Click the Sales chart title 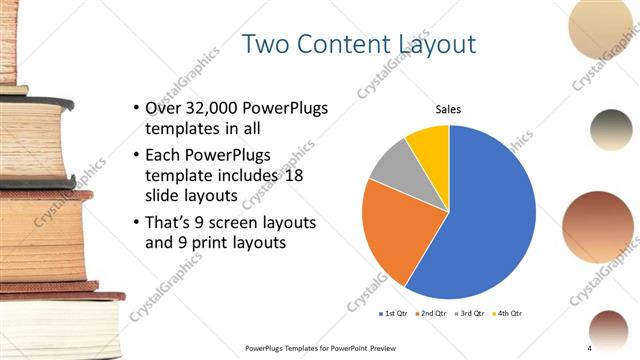[x=449, y=110]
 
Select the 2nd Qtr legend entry [x=432, y=313]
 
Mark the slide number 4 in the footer [x=590, y=347]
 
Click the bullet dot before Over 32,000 [x=136, y=108]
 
